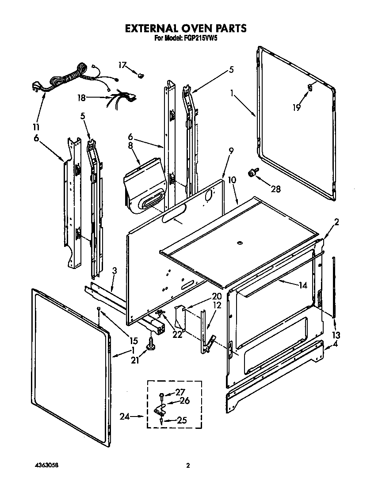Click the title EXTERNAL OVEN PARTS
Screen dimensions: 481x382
click(x=186, y=28)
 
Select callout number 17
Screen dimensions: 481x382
click(x=122, y=65)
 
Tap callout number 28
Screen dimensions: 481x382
click(x=276, y=189)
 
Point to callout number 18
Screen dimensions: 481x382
click(x=81, y=98)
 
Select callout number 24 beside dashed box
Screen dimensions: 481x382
click(x=126, y=416)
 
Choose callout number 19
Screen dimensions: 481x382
click(x=296, y=107)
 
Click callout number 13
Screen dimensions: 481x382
click(x=336, y=335)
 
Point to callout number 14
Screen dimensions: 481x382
click(x=302, y=285)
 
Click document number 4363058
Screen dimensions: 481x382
click(x=46, y=466)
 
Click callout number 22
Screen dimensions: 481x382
click(x=177, y=335)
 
